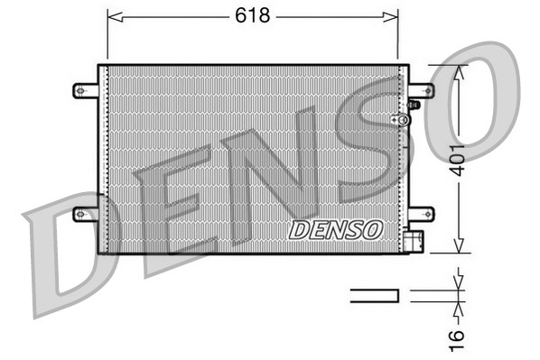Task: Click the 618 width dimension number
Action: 252,14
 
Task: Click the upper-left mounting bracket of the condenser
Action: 84,89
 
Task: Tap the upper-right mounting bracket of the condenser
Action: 421,89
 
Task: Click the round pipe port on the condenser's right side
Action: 395,119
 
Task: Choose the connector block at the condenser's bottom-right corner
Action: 414,242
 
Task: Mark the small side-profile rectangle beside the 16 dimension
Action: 374,294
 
